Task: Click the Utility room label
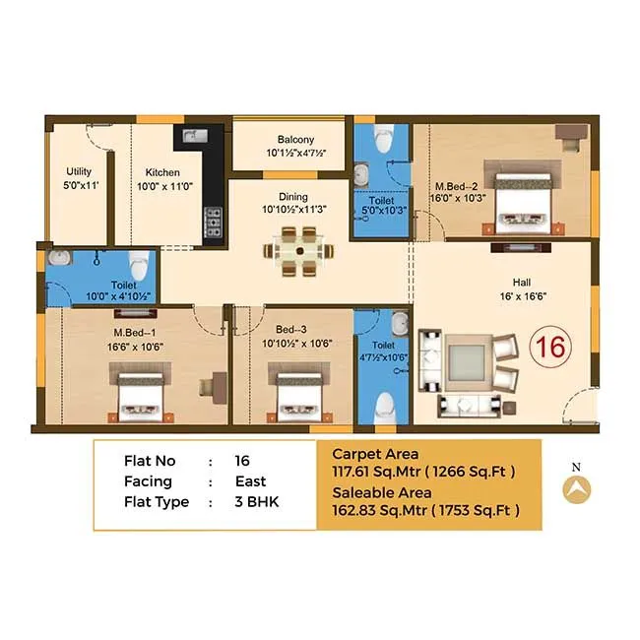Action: pyautogui.click(x=79, y=171)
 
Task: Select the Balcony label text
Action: pyautogui.click(x=288, y=140)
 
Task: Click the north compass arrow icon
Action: pyautogui.click(x=576, y=487)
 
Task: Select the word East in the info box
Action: pyautogui.click(x=251, y=481)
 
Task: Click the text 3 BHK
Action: pyautogui.click(x=257, y=502)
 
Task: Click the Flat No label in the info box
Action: pyautogui.click(x=151, y=461)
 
